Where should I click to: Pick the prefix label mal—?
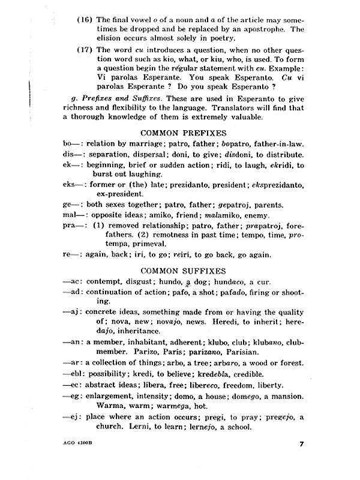74,214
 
